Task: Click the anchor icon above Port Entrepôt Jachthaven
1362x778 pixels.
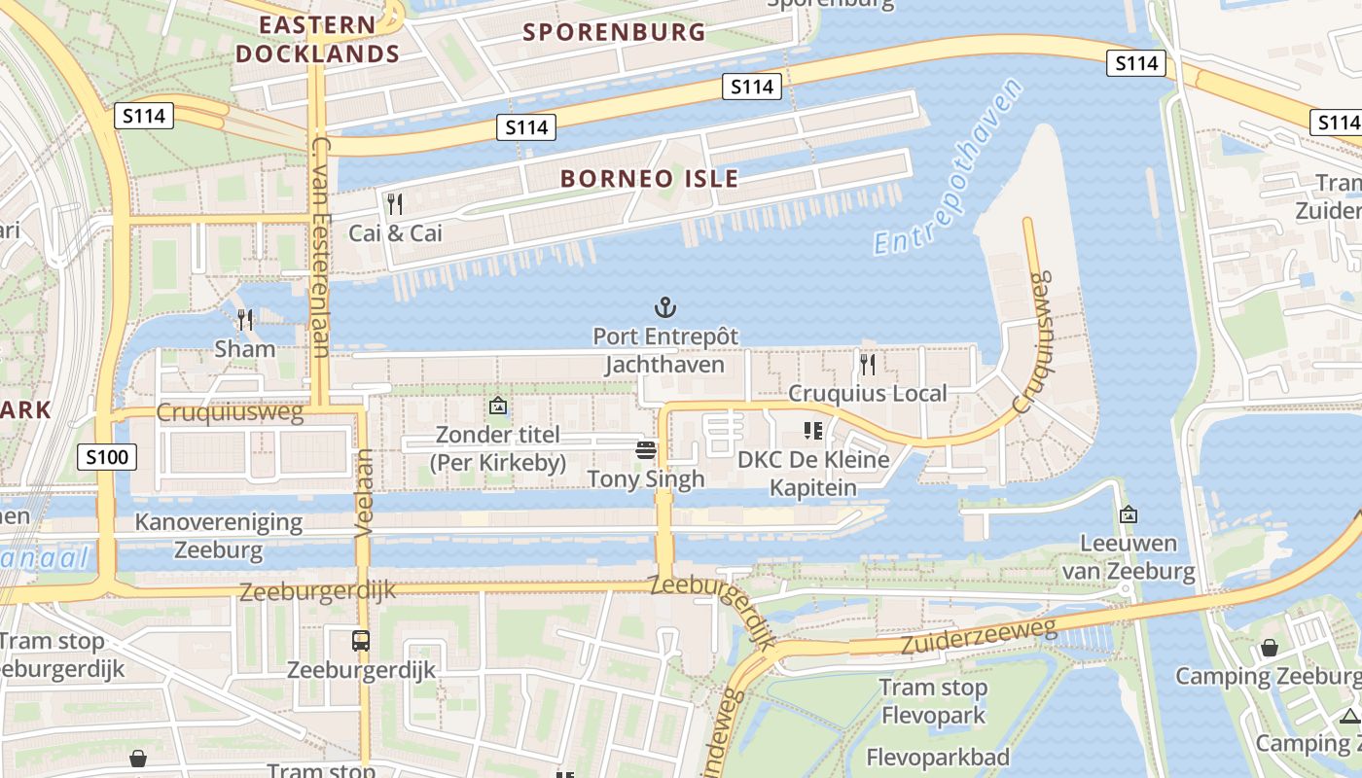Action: point(665,308)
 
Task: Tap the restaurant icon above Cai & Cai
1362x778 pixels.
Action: point(395,204)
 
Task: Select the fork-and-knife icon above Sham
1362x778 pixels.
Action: point(245,319)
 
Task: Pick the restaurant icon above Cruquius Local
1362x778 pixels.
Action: point(867,365)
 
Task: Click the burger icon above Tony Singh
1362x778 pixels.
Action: point(646,449)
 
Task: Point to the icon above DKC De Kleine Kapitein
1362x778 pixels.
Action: point(812,430)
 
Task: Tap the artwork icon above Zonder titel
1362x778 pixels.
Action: point(498,406)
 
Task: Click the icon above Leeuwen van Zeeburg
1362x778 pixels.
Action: point(1129,514)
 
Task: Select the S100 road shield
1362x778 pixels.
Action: point(108,456)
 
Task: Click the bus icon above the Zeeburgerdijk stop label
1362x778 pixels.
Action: point(361,640)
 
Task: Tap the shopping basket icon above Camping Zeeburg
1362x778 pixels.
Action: point(1269,647)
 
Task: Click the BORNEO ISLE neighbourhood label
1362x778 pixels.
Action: point(650,179)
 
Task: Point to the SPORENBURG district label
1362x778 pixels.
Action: point(615,32)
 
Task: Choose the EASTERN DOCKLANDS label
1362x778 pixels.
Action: point(317,39)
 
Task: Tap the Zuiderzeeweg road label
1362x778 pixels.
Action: point(979,637)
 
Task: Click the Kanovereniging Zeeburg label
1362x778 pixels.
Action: point(219,536)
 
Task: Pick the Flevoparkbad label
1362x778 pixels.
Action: point(937,757)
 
